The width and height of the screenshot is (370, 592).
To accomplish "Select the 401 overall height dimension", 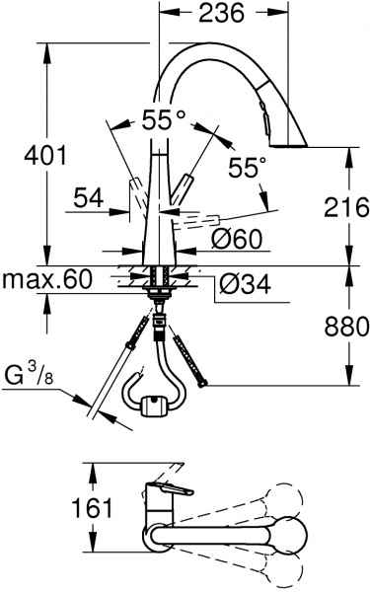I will pyautogui.click(x=45, y=155).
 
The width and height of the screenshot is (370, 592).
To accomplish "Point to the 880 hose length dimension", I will pyautogui.click(x=342, y=325).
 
